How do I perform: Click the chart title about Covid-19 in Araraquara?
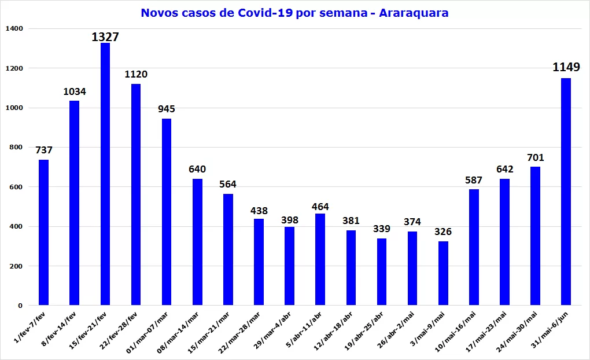pyautogui.click(x=294, y=13)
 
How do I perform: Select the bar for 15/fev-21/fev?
pyautogui.click(x=105, y=174)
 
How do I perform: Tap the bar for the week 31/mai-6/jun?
pyautogui.click(x=566, y=191)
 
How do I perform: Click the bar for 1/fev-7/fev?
pyautogui.click(x=43, y=232)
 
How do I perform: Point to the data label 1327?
pyautogui.click(x=105, y=37)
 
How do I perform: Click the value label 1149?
pyautogui.click(x=566, y=68)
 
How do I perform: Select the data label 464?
pyautogui.click(x=320, y=207)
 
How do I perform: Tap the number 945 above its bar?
pyautogui.click(x=167, y=109)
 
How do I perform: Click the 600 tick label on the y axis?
pyautogui.click(x=15, y=187)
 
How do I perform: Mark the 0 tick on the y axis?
pyautogui.click(x=20, y=306)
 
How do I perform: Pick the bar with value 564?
pyautogui.click(x=228, y=249)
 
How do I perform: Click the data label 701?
pyautogui.click(x=535, y=157)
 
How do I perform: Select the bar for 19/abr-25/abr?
pyautogui.click(x=382, y=271)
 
